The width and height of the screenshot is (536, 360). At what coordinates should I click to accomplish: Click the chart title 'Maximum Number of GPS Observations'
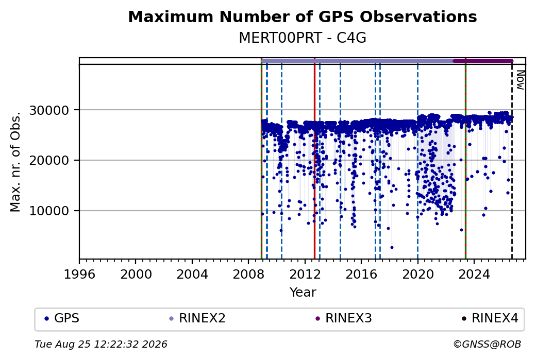[x=303, y=16]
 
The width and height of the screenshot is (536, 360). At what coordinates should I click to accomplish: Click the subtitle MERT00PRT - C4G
[x=303, y=38]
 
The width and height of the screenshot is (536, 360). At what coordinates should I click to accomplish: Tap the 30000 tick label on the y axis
[x=49, y=110]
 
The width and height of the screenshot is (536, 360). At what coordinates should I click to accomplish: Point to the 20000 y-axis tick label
[x=49, y=161]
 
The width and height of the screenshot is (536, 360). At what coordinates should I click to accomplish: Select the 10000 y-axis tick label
[x=49, y=211]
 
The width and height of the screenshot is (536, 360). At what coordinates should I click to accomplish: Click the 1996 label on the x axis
[x=80, y=275]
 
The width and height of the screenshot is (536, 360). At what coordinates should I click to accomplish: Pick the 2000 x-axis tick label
[x=136, y=275]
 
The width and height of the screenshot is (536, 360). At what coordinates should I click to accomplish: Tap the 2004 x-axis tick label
[x=192, y=275]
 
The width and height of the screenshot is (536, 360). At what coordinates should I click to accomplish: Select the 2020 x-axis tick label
[x=418, y=275]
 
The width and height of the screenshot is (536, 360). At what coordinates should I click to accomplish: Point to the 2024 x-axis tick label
[x=474, y=275]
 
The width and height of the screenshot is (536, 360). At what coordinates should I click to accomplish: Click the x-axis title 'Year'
[x=303, y=293]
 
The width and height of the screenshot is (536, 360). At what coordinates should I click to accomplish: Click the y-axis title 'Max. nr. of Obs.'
[x=15, y=162]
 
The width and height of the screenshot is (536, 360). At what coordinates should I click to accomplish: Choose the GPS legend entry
[x=62, y=318]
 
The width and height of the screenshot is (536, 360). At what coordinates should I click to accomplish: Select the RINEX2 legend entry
[x=197, y=318]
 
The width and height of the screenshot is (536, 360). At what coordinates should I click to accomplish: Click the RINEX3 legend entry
[x=344, y=318]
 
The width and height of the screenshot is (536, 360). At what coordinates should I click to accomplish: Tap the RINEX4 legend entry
[x=490, y=318]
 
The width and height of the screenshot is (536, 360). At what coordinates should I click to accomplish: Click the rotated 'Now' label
[x=520, y=80]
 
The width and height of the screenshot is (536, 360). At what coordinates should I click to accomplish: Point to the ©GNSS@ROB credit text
[x=487, y=344]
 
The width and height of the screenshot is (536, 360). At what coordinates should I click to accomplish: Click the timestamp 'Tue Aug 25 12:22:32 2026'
[x=101, y=344]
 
